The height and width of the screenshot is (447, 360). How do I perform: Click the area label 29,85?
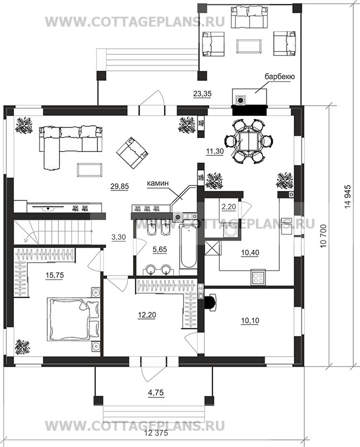(x=120, y=186)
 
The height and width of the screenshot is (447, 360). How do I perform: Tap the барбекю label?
(x=280, y=76)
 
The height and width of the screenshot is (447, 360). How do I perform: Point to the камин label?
(x=158, y=184)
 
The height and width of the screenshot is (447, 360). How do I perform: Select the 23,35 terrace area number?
(x=203, y=93)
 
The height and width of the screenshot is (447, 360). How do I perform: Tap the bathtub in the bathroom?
(x=189, y=245)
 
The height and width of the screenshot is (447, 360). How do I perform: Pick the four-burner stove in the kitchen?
(x=258, y=277)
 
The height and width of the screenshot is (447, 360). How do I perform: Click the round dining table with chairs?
(x=249, y=141)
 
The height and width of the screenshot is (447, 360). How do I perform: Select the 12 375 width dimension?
(x=156, y=441)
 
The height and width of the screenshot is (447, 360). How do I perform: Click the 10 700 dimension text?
(x=323, y=236)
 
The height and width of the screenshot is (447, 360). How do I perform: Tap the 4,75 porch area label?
(x=156, y=392)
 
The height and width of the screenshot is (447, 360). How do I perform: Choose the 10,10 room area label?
(x=250, y=321)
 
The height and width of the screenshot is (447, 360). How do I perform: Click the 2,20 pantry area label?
(x=229, y=207)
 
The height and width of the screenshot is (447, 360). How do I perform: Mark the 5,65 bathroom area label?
(x=160, y=250)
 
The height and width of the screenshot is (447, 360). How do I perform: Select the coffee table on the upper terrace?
(x=249, y=46)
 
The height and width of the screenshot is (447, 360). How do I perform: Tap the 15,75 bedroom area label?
(x=55, y=275)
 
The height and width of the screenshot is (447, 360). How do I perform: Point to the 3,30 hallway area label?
(x=119, y=237)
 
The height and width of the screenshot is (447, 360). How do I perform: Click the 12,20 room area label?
(x=146, y=315)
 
